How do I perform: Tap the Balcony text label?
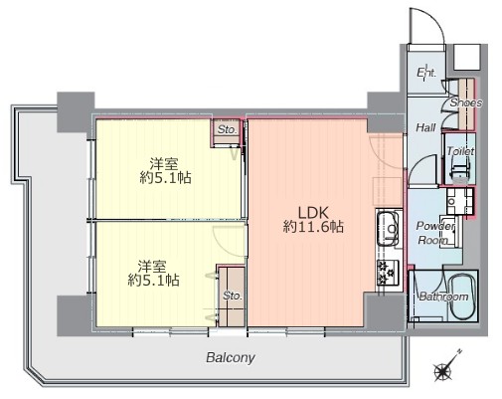pos(231,358)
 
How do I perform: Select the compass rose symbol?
pos(445,367)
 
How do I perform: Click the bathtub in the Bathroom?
pos(462,297)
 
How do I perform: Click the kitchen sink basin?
pos(388,229)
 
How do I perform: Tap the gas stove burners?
pos(387,273)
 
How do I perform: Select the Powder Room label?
pos(435,233)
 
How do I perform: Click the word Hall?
pos(425,127)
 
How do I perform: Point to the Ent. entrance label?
pos(426,73)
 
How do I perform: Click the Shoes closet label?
pos(466,102)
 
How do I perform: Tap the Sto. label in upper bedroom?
pos(228,129)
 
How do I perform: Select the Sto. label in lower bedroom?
pos(233,296)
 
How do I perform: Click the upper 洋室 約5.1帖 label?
pos(165,171)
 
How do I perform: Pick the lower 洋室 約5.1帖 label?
pos(154,274)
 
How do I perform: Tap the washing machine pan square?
pos(459,201)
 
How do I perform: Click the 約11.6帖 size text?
pos(313,227)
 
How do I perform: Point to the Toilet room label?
pos(460,151)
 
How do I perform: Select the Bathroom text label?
pos(444,297)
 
